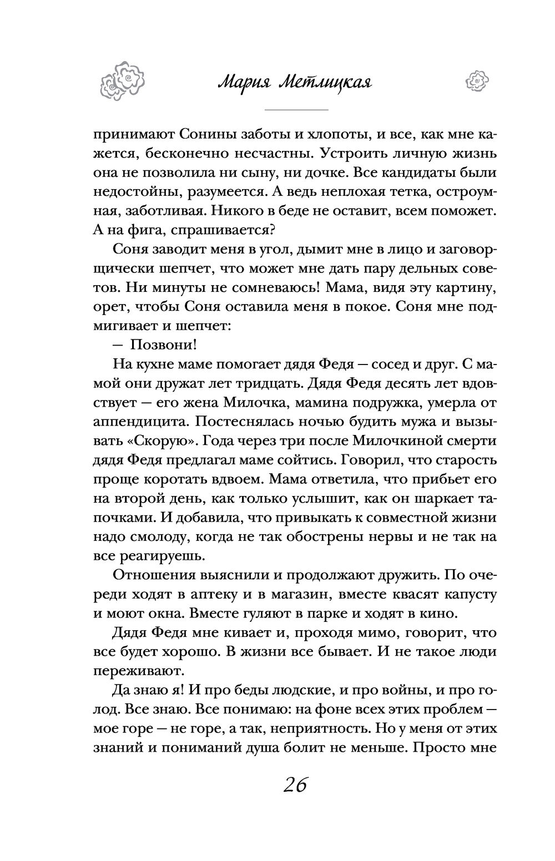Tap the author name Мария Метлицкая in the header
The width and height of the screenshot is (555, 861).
pyautogui.click(x=294, y=83)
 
